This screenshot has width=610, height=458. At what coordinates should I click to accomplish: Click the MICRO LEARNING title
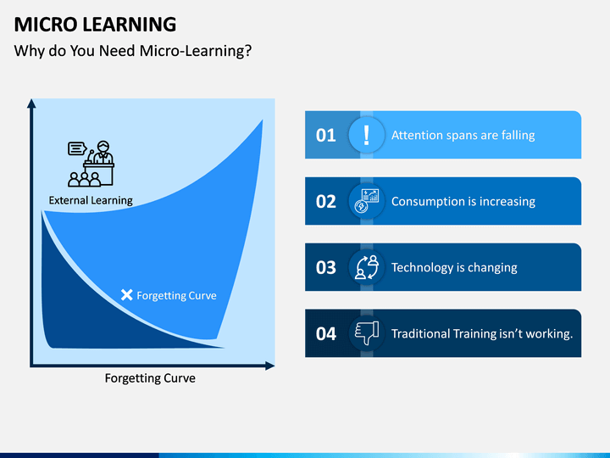click(x=95, y=24)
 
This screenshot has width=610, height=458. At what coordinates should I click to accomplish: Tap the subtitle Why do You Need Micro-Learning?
click(x=133, y=51)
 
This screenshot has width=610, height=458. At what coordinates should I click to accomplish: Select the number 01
click(x=325, y=135)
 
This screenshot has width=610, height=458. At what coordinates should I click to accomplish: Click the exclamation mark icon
click(x=366, y=135)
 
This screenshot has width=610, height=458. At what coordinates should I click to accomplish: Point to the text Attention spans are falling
click(x=463, y=135)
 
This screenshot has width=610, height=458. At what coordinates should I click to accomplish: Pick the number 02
click(x=325, y=201)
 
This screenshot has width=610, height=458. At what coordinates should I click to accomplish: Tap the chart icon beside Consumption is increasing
click(x=366, y=201)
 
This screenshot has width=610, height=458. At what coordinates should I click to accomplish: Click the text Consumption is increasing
click(x=463, y=201)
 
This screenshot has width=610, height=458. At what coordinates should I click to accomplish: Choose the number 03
click(x=325, y=267)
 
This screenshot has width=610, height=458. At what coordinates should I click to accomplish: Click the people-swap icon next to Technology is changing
click(x=367, y=267)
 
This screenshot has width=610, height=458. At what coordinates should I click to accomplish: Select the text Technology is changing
click(x=454, y=267)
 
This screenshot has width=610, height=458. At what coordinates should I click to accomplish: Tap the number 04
click(x=325, y=334)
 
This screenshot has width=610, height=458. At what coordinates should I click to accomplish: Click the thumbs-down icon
click(x=367, y=333)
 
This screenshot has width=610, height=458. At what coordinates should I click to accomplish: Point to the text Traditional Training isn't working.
click(x=482, y=334)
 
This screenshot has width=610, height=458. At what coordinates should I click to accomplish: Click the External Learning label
click(x=91, y=200)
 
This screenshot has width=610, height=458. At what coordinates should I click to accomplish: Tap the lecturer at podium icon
click(x=91, y=164)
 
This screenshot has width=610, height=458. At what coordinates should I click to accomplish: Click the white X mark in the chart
click(x=127, y=295)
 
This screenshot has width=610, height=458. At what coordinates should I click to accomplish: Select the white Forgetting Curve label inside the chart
click(x=176, y=296)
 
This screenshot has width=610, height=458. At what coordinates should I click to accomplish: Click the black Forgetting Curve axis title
click(x=150, y=378)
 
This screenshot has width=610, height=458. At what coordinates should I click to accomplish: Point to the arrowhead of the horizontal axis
click(x=270, y=366)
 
